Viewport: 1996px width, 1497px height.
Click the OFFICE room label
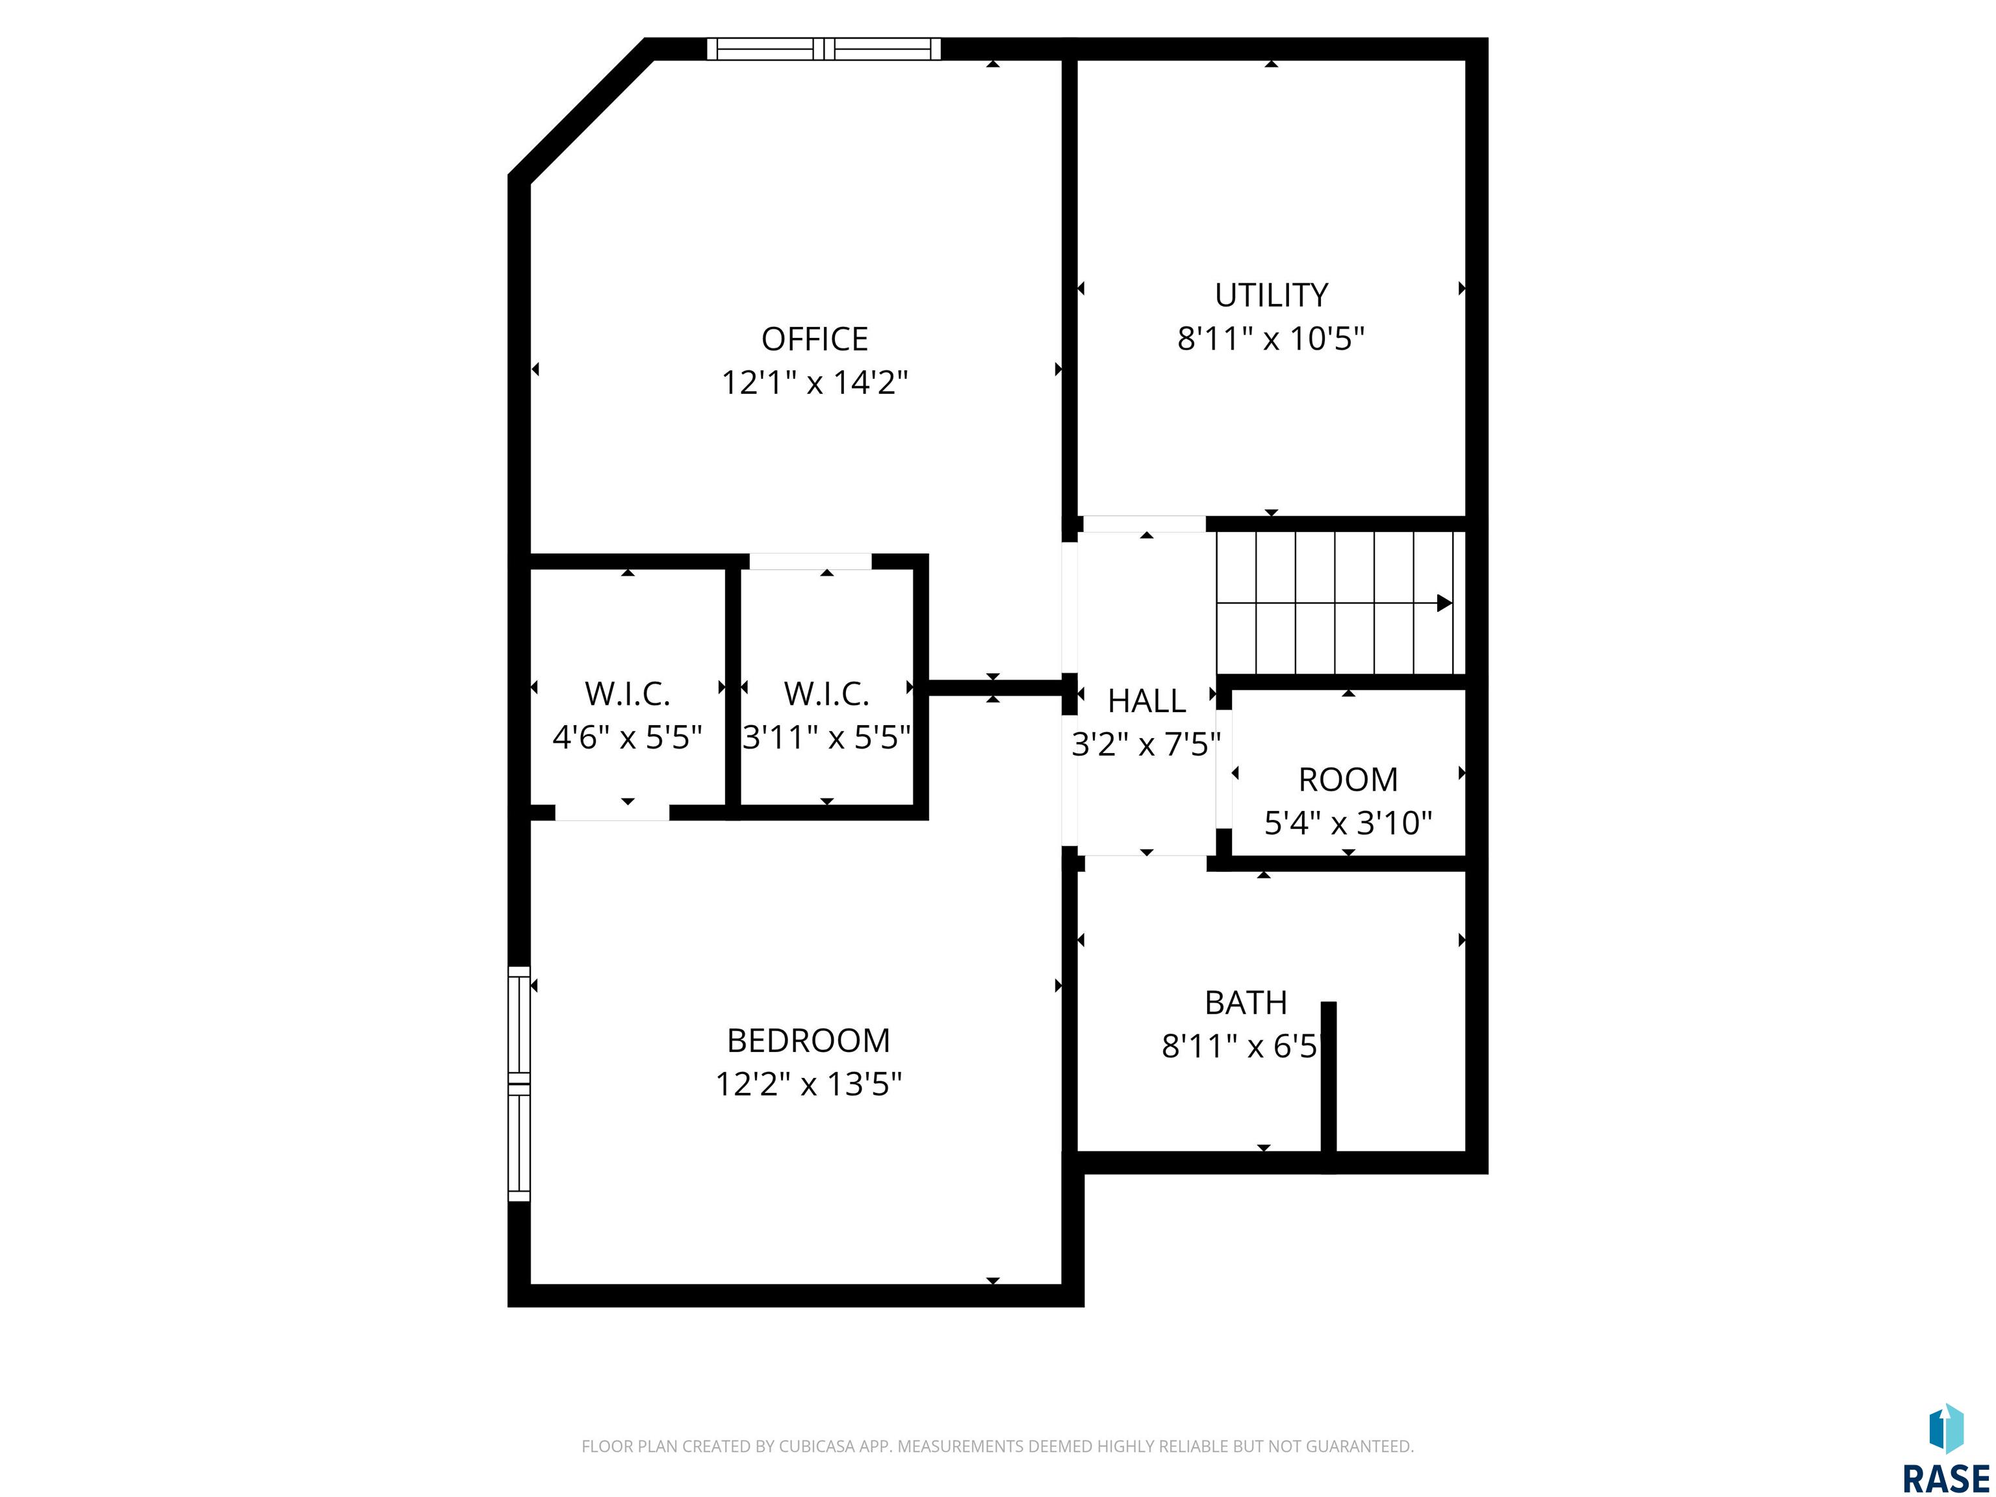coord(814,339)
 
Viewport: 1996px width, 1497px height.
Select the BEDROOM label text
coord(808,1040)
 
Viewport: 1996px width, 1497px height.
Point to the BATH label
coord(1246,1003)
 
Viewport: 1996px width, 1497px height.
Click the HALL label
coord(1146,700)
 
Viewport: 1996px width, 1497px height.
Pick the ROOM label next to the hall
coord(1348,779)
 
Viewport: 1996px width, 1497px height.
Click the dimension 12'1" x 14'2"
coord(814,383)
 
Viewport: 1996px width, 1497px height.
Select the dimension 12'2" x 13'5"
coord(808,1084)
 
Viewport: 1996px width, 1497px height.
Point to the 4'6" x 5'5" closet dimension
coord(627,738)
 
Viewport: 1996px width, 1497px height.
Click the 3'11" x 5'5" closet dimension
coord(826,738)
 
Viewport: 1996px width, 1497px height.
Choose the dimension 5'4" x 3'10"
coord(1348,823)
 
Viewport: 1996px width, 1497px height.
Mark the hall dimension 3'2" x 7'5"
coord(1146,745)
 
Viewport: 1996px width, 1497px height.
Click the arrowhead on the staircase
coord(1444,603)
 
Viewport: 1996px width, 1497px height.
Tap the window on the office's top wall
coord(823,49)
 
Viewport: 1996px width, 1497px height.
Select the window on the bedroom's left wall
coord(519,1084)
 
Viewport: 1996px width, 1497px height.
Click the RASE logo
coord(1945,1448)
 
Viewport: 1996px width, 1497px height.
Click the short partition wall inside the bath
coord(1328,1086)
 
